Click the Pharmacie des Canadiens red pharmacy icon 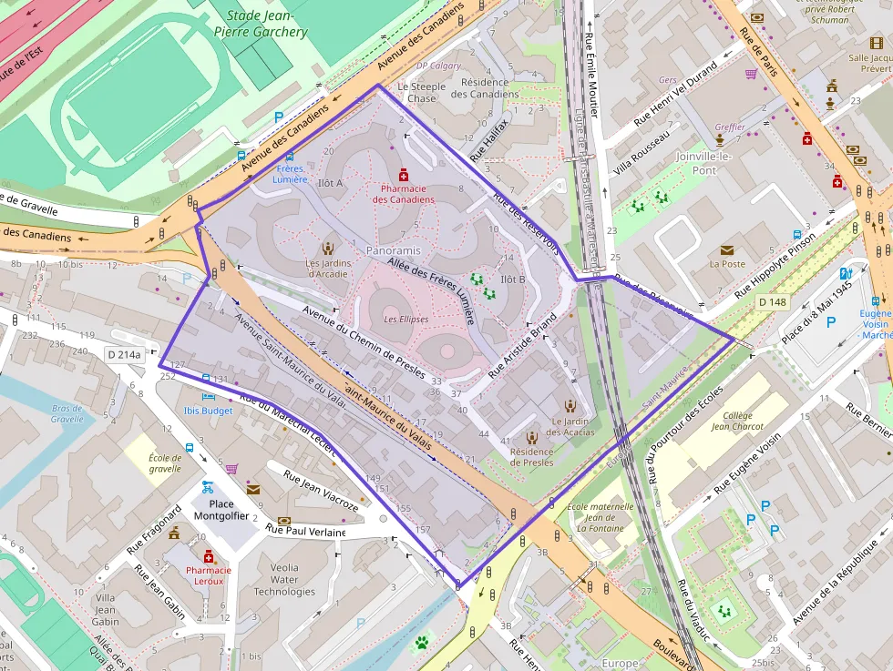coord(402,174)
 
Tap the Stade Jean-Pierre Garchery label coord(266,24)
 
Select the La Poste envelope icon coord(727,249)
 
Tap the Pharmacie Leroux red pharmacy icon coord(208,556)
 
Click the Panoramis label coord(393,249)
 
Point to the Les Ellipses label coord(405,320)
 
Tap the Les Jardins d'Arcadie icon coord(327,248)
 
